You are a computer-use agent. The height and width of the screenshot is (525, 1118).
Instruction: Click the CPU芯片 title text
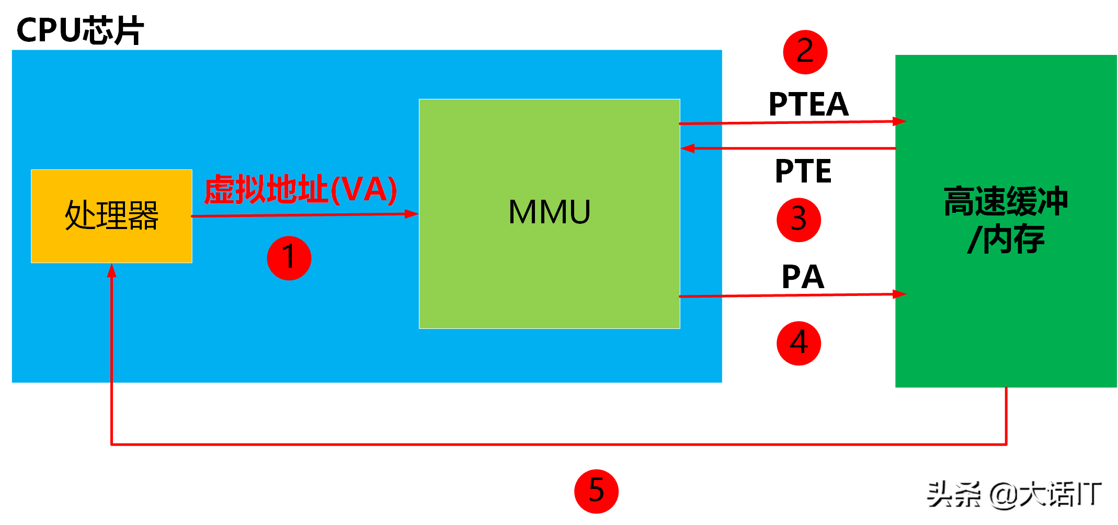point(80,30)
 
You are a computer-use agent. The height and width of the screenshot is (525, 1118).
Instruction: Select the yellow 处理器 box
point(111,216)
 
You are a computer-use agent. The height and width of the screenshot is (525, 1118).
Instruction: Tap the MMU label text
point(549,212)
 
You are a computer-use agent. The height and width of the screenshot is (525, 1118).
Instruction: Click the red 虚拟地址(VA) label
point(300,189)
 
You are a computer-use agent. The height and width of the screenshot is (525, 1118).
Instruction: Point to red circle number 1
point(289,258)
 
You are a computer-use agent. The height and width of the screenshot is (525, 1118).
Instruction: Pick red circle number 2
point(805,52)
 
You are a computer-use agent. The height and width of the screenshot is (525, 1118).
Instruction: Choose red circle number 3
point(798,220)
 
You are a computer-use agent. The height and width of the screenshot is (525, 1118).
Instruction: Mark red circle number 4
point(798,343)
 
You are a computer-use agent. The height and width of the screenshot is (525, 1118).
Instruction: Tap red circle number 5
point(596,491)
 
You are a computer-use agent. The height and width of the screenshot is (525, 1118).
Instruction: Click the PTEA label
point(808,104)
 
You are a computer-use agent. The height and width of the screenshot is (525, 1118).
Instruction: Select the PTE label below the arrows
point(803,171)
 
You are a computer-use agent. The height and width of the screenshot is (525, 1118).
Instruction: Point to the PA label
point(803,277)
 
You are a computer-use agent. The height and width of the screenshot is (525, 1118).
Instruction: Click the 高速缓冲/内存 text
point(1006,220)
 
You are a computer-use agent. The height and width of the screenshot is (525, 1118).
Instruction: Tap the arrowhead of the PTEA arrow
point(900,121)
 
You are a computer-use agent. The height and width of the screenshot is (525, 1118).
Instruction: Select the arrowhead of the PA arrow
point(900,294)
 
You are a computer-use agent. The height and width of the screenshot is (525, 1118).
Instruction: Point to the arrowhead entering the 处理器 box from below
point(111,270)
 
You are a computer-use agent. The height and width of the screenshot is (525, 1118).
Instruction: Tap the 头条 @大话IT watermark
point(1014,494)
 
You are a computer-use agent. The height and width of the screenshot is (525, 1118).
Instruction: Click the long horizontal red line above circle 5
point(559,444)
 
